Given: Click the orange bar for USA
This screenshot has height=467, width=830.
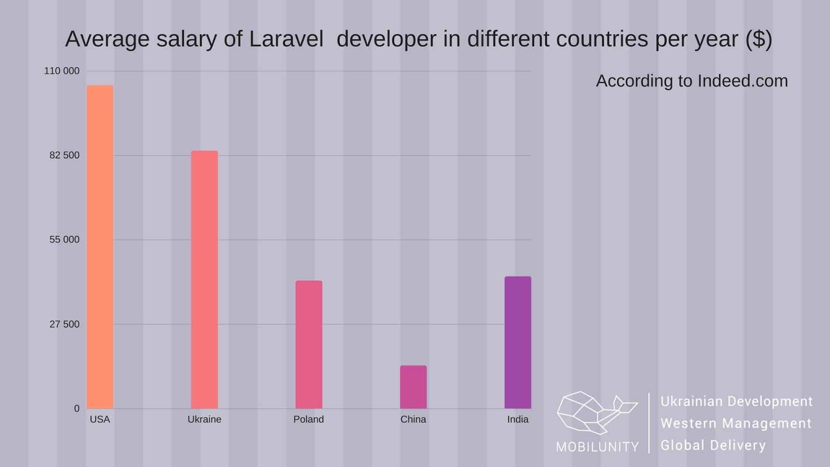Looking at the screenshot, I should [100, 246].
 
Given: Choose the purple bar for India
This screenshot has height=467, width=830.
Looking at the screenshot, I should [518, 342].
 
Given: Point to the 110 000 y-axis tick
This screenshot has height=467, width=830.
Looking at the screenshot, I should [62, 71].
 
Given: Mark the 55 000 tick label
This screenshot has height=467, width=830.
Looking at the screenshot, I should [64, 240].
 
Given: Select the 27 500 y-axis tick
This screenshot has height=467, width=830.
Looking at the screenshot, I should [64, 324].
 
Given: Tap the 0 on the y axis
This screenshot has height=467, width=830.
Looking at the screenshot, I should [77, 409].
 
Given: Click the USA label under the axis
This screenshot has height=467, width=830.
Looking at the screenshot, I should [100, 419].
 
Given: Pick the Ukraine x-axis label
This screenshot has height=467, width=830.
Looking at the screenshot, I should [204, 419].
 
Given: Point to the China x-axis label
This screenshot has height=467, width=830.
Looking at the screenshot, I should [413, 419].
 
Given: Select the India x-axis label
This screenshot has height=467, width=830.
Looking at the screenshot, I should [518, 419].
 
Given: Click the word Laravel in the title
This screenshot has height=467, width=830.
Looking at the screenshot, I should [286, 39].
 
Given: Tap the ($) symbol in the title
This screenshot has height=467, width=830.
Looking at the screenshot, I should [758, 39].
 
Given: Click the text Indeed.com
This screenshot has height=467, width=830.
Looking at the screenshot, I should [742, 81].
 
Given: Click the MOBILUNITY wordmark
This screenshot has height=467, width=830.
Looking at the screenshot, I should [598, 447].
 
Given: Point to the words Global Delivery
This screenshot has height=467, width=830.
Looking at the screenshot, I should [713, 445].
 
